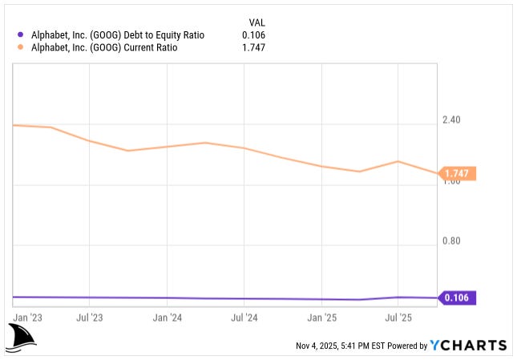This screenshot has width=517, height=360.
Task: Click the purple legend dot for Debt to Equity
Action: [x=20, y=34]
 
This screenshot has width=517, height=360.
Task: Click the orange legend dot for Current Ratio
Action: [x=20, y=47]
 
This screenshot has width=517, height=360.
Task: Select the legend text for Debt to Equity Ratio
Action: [x=119, y=34]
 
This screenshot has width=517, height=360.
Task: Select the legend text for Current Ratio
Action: [x=103, y=47]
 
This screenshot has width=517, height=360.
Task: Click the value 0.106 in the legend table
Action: [x=253, y=34]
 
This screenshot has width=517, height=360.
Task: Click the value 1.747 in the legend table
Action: [x=253, y=47]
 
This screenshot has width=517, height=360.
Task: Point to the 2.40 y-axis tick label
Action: [x=451, y=120]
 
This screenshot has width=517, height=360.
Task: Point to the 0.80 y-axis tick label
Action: [x=451, y=241]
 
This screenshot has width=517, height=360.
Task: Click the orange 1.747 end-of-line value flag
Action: [x=458, y=174]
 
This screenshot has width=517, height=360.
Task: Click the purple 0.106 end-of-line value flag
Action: [x=458, y=298]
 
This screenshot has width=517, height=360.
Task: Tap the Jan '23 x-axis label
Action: [x=29, y=318]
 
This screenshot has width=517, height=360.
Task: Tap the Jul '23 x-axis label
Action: [x=89, y=318]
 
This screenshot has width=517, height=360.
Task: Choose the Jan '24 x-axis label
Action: [x=167, y=318]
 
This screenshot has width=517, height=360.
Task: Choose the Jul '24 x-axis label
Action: [x=244, y=318]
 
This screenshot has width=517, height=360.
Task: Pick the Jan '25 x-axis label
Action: [x=321, y=318]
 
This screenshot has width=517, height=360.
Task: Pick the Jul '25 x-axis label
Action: [x=398, y=318]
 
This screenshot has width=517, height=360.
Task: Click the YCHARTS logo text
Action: [x=468, y=346]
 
